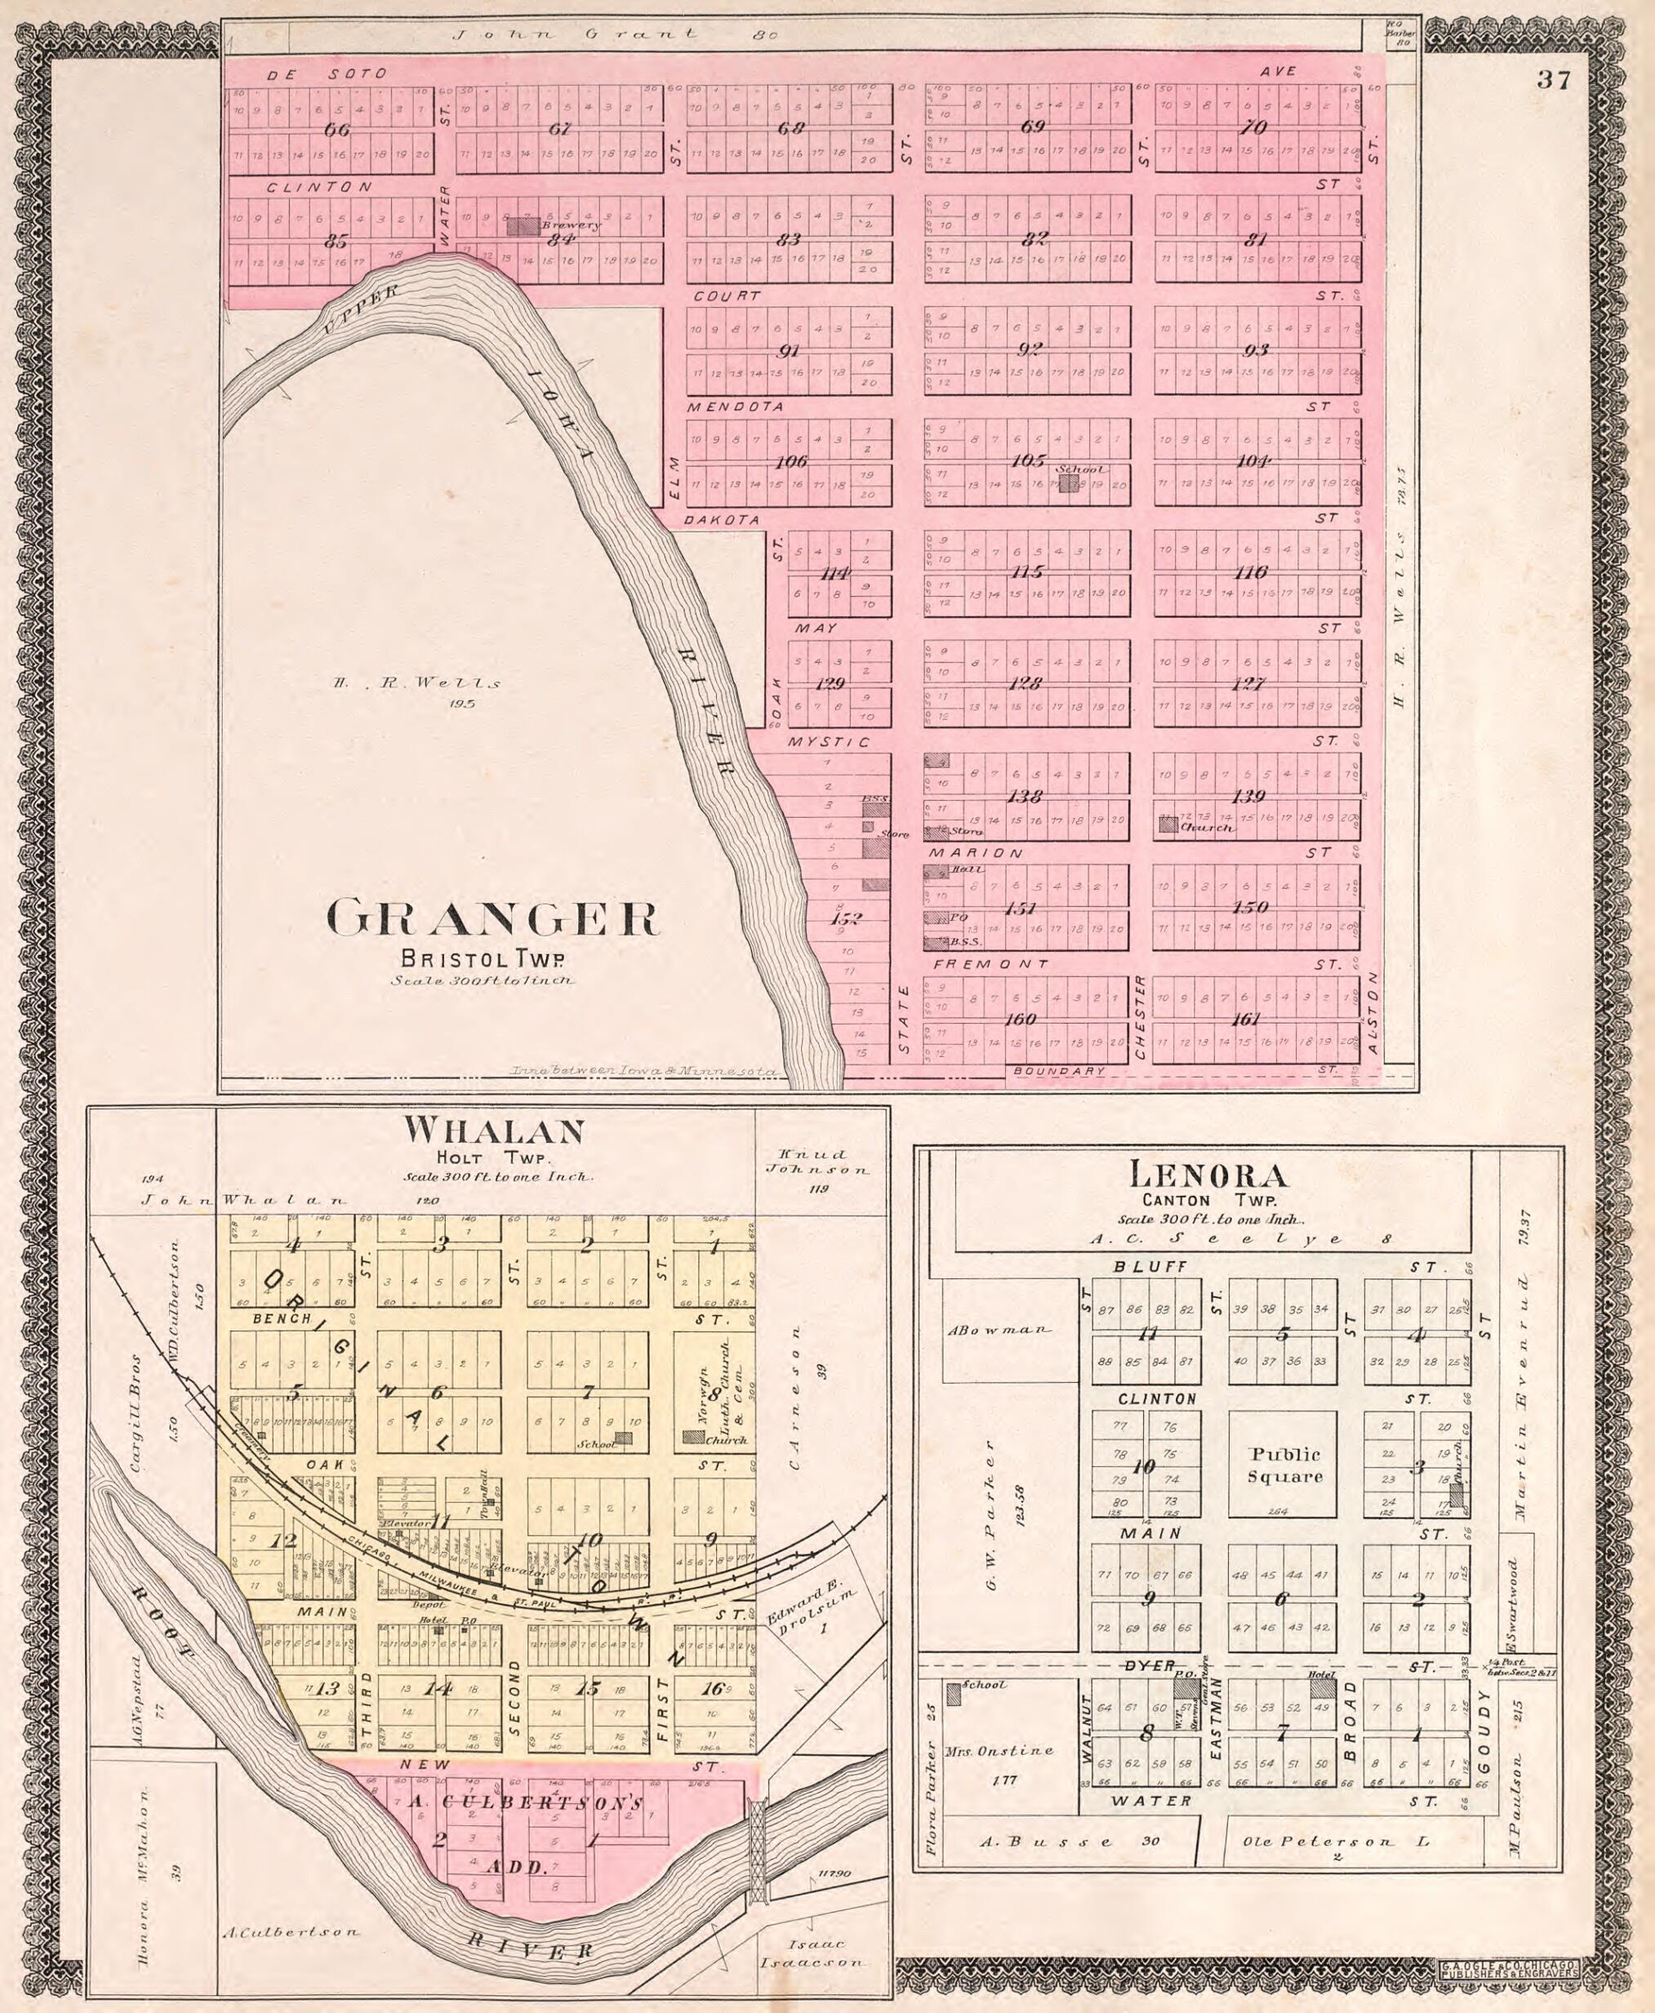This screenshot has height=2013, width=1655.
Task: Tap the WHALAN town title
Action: tap(493, 1131)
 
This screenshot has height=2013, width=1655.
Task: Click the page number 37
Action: tap(1553, 80)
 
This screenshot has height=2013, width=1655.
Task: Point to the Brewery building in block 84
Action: tap(522, 226)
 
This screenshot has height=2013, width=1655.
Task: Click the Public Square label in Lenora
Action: tap(1285, 1465)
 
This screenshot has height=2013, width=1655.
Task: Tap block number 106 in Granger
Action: tap(790, 461)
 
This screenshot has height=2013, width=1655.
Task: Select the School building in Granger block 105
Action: tap(1069, 482)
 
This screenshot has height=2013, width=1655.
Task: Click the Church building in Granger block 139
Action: tap(1167, 824)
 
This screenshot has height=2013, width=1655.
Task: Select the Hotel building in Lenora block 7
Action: tap(1321, 1689)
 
